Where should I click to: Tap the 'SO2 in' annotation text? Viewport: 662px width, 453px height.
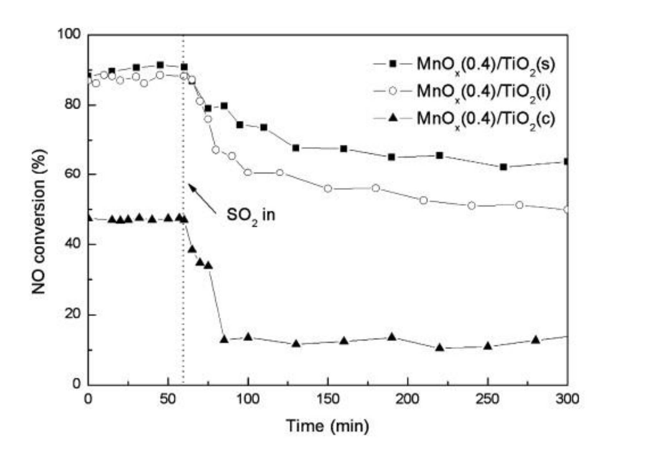pyautogui.click(x=251, y=215)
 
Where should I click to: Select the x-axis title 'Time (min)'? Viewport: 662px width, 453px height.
pyautogui.click(x=327, y=426)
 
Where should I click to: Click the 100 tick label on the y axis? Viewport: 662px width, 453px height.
pyautogui.click(x=69, y=34)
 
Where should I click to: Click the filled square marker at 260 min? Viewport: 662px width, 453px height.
pyautogui.click(x=504, y=167)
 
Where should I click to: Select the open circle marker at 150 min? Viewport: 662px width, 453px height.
pyautogui.click(x=328, y=189)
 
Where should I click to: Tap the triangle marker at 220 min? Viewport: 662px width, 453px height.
pyautogui.click(x=440, y=348)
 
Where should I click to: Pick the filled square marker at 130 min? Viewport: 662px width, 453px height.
pyautogui.click(x=296, y=148)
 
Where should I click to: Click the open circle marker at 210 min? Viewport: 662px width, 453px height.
pyautogui.click(x=423, y=200)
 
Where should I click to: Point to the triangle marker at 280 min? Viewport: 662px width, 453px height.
pyautogui.click(x=536, y=340)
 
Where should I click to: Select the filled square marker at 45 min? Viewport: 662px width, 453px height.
pyautogui.click(x=160, y=65)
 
